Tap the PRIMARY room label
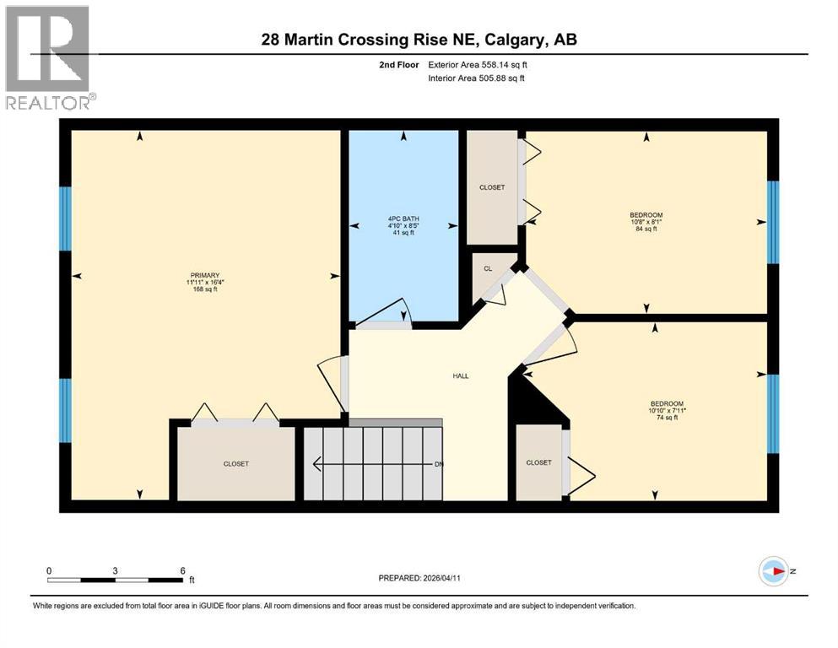(x=204, y=275)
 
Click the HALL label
(x=460, y=376)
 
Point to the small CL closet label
(x=487, y=268)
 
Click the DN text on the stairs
(x=439, y=464)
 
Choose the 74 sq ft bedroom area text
(x=668, y=418)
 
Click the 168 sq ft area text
(x=204, y=289)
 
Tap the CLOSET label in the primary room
(x=236, y=464)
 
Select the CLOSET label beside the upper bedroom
(x=492, y=187)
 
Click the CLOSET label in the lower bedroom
(x=538, y=462)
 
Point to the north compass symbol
(x=773, y=571)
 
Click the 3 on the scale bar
(x=115, y=570)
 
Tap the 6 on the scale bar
(x=181, y=570)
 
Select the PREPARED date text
(x=419, y=578)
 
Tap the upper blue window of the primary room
(x=65, y=219)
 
